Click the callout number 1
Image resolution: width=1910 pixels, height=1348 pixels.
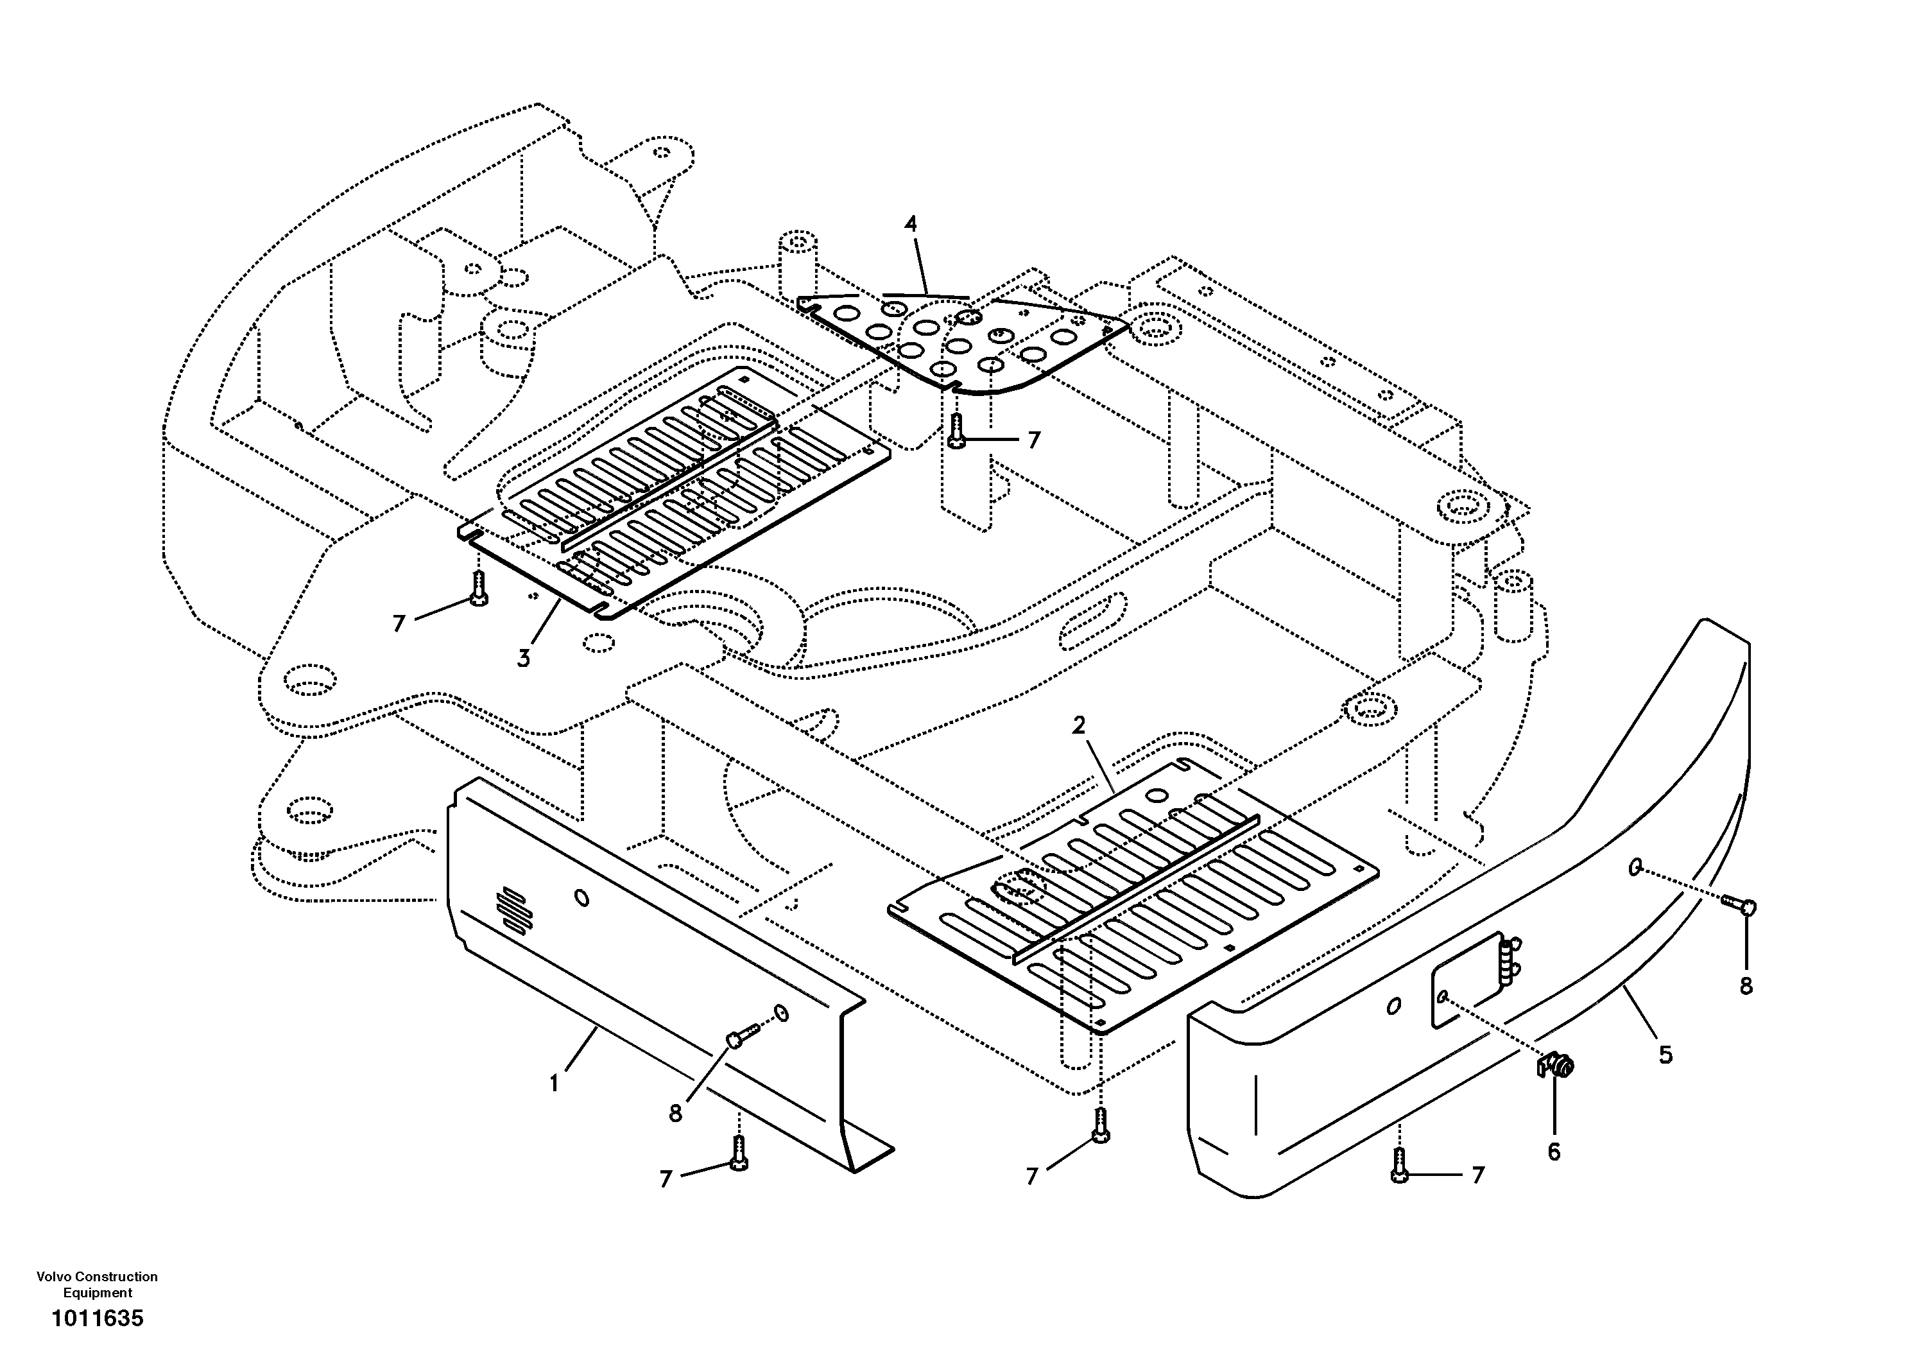[x=554, y=1084]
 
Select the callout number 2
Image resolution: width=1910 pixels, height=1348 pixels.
[x=1078, y=725]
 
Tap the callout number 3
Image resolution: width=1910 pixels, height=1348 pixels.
[x=523, y=659]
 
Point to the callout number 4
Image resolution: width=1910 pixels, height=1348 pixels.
[x=911, y=224]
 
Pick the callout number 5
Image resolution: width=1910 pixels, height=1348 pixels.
[x=1665, y=1055]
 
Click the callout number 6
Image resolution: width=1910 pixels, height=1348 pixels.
[x=1553, y=1152]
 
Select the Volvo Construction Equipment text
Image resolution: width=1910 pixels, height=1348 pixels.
[x=98, y=1284]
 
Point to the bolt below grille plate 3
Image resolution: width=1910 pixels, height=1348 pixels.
[x=478, y=589]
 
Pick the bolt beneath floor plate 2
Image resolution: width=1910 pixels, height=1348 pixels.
[x=1101, y=1125]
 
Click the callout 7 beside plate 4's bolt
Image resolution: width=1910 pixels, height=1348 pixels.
[x=1034, y=440]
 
